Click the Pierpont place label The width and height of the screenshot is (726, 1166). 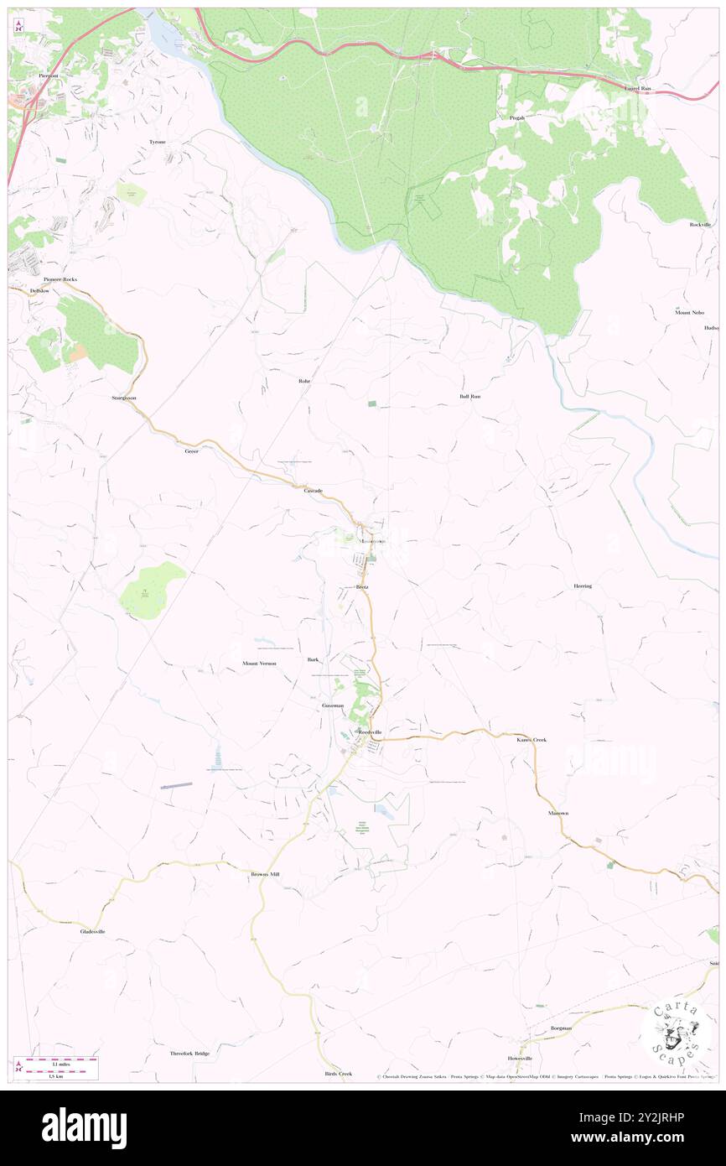49,75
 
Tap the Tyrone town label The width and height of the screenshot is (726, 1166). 158,143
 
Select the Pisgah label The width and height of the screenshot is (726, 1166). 517,118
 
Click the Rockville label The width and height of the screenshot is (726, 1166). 700,225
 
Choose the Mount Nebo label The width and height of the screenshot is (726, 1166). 689,312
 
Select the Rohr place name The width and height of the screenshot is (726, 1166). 304,381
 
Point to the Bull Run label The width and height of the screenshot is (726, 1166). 469,396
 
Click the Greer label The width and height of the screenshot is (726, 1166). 192,451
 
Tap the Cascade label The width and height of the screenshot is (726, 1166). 313,490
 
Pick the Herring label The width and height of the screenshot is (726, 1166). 583,586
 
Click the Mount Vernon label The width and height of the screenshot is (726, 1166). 259,664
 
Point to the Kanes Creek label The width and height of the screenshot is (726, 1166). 532,740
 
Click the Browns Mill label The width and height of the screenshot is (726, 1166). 265,874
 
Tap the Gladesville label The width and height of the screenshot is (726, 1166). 92,931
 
